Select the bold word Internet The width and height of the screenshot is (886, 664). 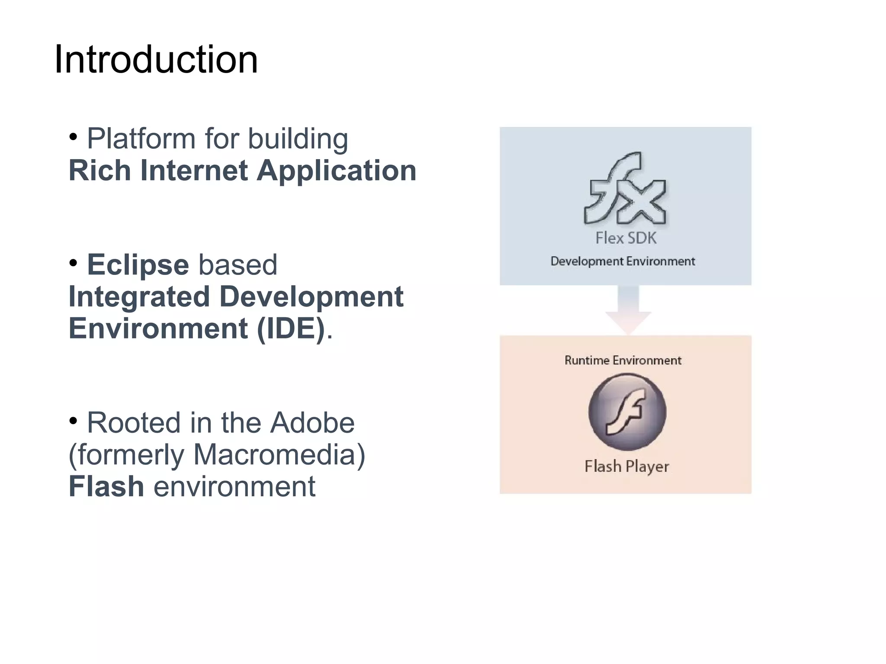[194, 170]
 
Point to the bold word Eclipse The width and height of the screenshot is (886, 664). [138, 265]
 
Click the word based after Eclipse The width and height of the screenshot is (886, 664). [238, 265]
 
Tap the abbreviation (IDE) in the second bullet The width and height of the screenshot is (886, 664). [291, 329]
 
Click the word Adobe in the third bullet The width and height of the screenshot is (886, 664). [312, 423]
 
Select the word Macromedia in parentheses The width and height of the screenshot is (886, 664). [275, 455]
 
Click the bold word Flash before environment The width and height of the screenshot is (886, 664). [106, 487]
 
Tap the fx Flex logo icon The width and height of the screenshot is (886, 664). [625, 188]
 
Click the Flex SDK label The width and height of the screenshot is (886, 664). [626, 238]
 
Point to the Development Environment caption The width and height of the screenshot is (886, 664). [623, 262]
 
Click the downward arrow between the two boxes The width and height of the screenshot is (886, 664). [628, 310]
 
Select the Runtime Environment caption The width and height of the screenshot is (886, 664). [623, 361]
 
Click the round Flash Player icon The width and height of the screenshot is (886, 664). [627, 412]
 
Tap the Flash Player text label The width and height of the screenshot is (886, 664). [626, 466]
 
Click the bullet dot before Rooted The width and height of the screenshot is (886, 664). [73, 420]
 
